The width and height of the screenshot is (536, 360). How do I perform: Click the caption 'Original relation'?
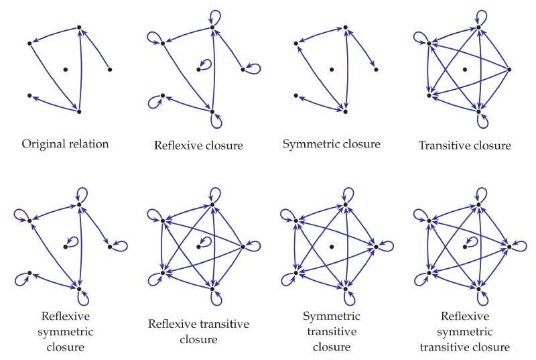(x=65, y=144)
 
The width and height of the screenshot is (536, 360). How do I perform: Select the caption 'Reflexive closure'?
(x=198, y=145)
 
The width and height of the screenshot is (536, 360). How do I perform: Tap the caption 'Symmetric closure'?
(x=332, y=144)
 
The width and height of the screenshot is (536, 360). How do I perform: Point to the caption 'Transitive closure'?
(x=464, y=145)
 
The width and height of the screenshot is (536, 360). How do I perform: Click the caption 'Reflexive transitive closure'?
(x=198, y=332)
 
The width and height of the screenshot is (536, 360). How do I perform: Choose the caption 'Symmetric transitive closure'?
(x=332, y=332)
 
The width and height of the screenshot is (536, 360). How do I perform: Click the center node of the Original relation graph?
(x=65, y=69)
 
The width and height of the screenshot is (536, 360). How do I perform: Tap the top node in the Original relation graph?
(x=79, y=27)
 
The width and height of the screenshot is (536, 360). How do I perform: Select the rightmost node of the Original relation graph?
(x=109, y=69)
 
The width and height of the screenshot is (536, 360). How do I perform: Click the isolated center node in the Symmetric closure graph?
(x=332, y=69)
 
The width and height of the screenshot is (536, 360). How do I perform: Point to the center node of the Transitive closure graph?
(x=464, y=69)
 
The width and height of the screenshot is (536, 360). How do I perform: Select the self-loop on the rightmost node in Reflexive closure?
(x=255, y=67)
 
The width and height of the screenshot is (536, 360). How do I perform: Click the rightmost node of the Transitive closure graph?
(x=509, y=69)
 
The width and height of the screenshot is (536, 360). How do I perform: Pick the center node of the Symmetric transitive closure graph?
(x=332, y=247)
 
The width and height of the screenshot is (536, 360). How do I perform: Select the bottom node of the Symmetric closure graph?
(x=346, y=111)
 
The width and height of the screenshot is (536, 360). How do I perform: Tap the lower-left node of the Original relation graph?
(x=29, y=96)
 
